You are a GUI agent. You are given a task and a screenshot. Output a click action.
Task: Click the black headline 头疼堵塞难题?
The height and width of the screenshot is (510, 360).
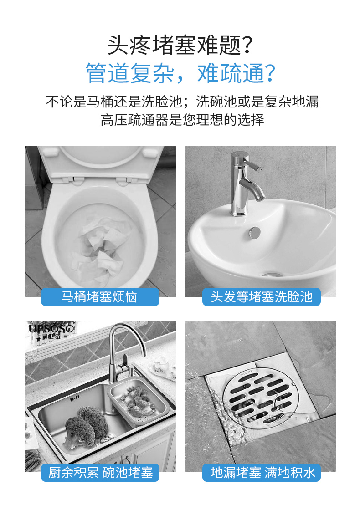coord(180,45)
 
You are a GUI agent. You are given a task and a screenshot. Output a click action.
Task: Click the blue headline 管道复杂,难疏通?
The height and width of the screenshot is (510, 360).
coord(180,73)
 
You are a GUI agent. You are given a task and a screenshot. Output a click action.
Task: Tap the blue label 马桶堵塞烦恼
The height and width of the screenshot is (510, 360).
coord(100,297)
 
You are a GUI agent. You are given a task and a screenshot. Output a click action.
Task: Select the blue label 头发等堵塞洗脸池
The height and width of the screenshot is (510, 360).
coord(262,297)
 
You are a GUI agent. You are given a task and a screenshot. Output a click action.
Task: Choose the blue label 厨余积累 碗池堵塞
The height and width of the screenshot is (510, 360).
coord(100,473)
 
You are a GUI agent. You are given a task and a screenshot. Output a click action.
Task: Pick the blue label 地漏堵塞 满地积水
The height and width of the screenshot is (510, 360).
coord(262,473)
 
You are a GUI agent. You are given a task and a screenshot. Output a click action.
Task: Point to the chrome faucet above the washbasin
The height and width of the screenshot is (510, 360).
coord(245,184)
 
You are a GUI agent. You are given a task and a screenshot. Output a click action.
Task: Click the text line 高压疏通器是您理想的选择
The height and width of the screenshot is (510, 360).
coord(182,120)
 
